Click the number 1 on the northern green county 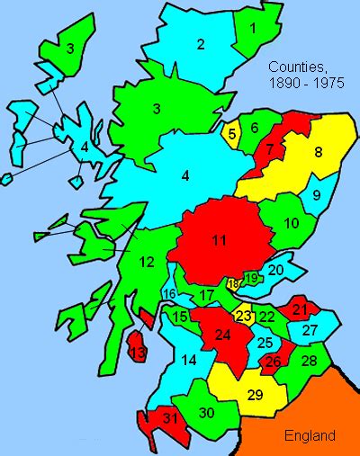253,27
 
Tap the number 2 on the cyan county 201,44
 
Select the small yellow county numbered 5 232,136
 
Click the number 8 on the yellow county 318,153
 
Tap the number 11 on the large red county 219,240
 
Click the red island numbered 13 138,354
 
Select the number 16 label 169,294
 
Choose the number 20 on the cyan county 276,268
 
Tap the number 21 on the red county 300,310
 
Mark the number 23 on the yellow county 244,316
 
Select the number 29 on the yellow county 255,395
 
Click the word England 310,435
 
